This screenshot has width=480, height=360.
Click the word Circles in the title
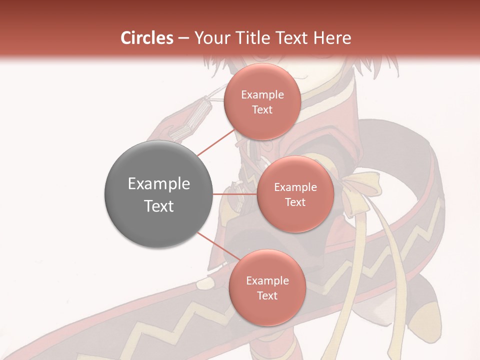147,38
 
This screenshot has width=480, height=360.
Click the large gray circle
158,194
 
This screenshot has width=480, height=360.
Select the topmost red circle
262,101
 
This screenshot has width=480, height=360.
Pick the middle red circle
295,194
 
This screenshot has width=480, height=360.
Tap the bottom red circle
267,287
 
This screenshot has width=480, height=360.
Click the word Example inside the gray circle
158,184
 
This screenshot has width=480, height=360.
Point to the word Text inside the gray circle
158,206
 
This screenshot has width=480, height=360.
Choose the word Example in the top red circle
262,94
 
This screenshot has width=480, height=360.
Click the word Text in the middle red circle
295,202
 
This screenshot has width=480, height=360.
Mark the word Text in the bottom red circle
267,295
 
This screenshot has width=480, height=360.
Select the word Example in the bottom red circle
267,280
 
